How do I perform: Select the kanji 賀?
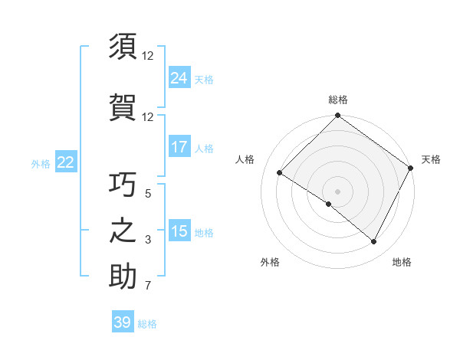(123, 106)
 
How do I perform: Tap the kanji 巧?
(123, 184)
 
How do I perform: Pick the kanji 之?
(123, 231)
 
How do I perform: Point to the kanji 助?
(123, 277)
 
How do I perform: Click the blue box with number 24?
(179, 78)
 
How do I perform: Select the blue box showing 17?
(179, 147)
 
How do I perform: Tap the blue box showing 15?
(179, 231)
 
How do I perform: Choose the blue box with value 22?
(66, 162)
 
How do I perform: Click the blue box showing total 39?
(123, 322)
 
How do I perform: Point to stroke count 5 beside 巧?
(148, 194)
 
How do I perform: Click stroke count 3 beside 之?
(148, 241)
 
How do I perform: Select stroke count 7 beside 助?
(148, 286)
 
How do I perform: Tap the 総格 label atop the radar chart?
(337, 100)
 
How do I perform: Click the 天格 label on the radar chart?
(431, 159)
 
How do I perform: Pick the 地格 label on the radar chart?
(402, 262)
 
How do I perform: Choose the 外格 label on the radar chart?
(270, 262)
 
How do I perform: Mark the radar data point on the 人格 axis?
(280, 173)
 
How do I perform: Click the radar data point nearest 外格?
(329, 204)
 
